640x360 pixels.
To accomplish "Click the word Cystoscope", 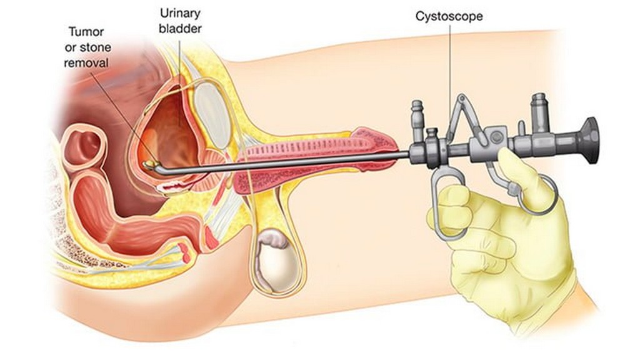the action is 449,17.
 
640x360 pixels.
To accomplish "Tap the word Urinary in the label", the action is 180,14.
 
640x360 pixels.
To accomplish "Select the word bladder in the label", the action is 180,29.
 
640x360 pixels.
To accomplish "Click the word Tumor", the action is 86,32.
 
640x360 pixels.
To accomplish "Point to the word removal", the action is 86,63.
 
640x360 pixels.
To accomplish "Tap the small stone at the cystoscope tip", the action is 150,164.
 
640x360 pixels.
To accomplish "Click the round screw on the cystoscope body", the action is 496,137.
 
